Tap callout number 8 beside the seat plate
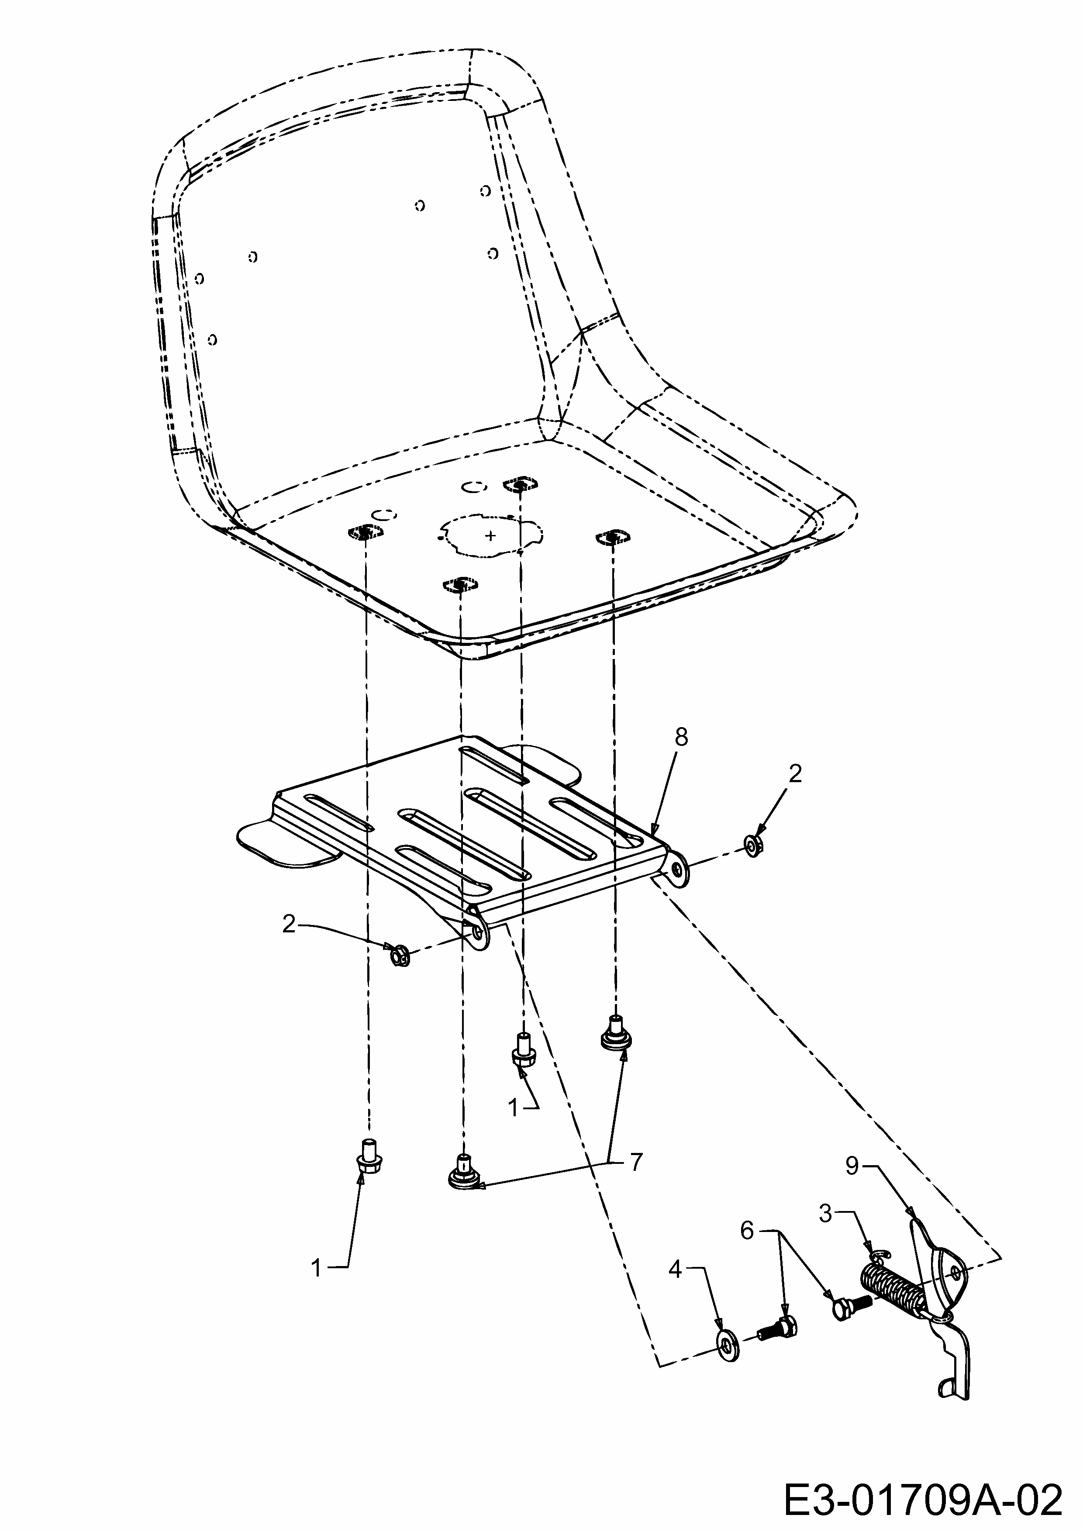click(x=681, y=737)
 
